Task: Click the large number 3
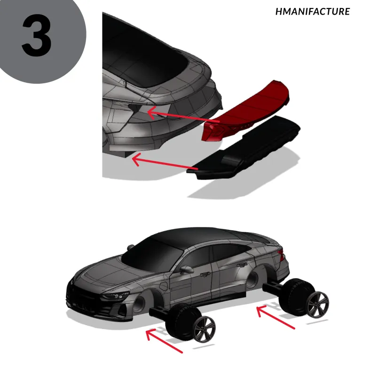tap(37, 35)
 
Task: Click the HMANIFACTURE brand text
tap(313, 11)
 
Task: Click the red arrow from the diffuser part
tap(165, 162)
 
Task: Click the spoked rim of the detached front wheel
tap(204, 329)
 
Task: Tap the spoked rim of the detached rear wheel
tap(318, 305)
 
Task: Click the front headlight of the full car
tap(116, 296)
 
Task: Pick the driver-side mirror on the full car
tap(187, 270)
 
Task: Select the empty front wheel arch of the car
tap(144, 303)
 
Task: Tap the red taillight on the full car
tap(281, 255)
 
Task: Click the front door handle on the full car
tap(205, 274)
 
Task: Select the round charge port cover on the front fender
tap(164, 286)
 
